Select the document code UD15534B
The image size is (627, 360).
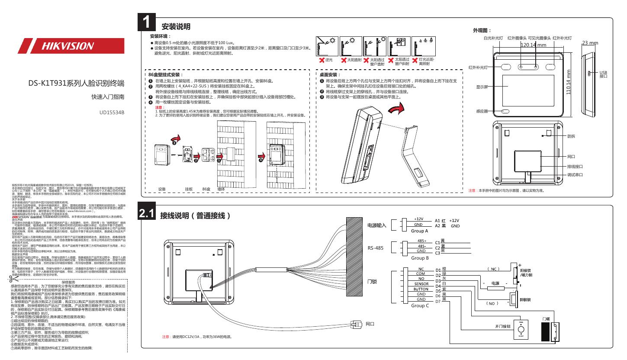112,112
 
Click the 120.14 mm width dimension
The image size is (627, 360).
533,45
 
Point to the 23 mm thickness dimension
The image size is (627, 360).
590,43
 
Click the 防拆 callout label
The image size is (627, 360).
571,136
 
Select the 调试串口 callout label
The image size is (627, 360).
575,174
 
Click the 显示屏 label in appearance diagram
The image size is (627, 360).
482,87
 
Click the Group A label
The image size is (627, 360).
420,231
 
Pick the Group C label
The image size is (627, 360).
420,305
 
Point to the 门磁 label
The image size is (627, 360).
546,319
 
